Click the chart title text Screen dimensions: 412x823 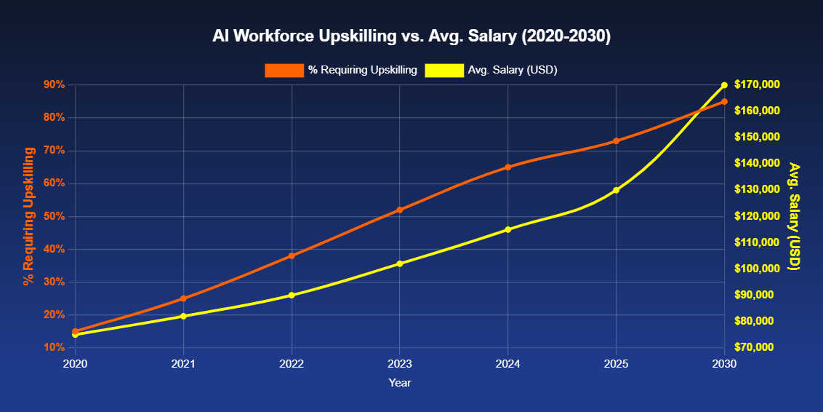[x=411, y=36]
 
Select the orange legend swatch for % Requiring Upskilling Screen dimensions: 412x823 [x=284, y=70]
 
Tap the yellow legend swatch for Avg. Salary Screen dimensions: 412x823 [x=444, y=70]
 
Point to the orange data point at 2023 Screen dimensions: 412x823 [x=400, y=210]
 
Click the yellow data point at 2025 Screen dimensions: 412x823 [x=617, y=190]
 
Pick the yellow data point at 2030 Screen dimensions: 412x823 [x=724, y=85]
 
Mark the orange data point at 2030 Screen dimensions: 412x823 [x=724, y=102]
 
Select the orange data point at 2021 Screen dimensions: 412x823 [x=183, y=298]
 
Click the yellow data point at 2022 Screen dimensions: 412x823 [x=292, y=295]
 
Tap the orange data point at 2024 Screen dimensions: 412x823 [x=508, y=167]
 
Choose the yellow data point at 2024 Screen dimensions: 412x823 [x=508, y=229]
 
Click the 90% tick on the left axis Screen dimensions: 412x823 [x=55, y=85]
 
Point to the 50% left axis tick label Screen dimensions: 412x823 [x=55, y=216]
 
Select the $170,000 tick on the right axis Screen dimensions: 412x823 [x=757, y=85]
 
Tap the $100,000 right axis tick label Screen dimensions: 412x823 [x=757, y=269]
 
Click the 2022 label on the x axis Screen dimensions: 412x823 [x=292, y=363]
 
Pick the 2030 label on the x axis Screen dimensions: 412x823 [x=724, y=363]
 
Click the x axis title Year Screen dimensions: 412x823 [x=400, y=382]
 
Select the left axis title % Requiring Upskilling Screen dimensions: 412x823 [x=29, y=216]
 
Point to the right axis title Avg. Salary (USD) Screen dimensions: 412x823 [x=795, y=216]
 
